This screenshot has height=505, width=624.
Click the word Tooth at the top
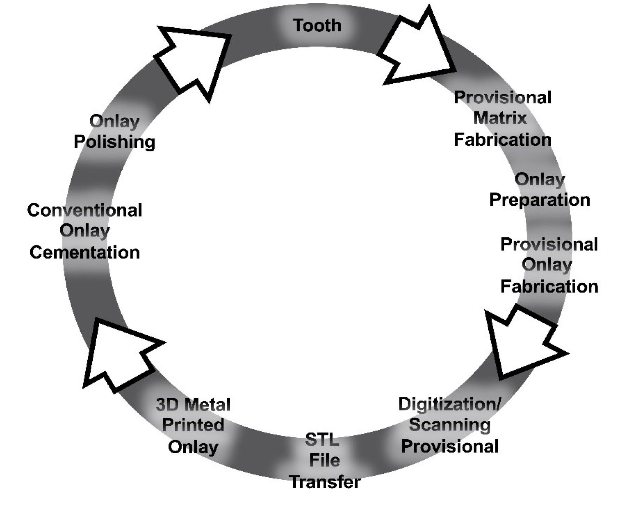coord(317,25)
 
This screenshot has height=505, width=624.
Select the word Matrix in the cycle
coord(500,118)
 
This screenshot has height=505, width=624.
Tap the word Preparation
coord(539,200)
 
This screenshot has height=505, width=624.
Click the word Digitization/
coord(450,404)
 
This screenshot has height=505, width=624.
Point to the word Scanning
coord(450,425)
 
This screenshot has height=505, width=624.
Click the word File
coord(324,460)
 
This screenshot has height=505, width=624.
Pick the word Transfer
coord(325,482)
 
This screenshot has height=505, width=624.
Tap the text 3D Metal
coord(193,405)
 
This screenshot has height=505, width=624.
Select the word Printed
coord(193,425)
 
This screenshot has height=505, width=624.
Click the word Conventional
coord(85,210)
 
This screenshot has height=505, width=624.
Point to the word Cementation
coord(85,253)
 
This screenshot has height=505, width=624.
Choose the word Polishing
coord(115,142)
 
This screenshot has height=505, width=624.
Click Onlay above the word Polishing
coord(115,122)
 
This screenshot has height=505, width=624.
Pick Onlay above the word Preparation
coord(539,179)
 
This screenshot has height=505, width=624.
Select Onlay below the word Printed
coord(193,447)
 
